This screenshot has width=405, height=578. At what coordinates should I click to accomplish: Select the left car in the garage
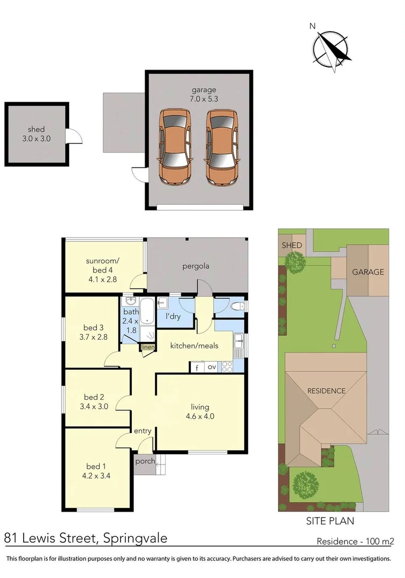tap(175, 147)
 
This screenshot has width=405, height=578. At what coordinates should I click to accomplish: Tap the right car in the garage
tap(222, 147)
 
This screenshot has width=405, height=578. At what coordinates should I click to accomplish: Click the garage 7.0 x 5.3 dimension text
tap(205, 98)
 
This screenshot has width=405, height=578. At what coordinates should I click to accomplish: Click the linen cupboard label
tap(148, 347)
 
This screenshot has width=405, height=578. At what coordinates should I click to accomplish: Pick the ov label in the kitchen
tap(212, 367)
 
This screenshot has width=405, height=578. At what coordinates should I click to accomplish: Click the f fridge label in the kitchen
tap(197, 368)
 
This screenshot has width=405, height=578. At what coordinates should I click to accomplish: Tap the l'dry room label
tap(172, 317)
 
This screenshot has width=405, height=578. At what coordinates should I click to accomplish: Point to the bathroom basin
tap(130, 301)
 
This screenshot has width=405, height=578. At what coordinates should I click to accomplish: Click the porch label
tap(145, 461)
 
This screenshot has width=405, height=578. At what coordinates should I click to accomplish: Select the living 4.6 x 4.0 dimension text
tap(200, 416)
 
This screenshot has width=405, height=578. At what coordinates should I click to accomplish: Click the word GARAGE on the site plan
tap(367, 272)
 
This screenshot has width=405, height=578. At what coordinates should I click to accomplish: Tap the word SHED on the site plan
tap(291, 245)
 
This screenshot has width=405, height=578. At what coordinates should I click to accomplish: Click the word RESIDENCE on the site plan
tap(326, 391)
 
